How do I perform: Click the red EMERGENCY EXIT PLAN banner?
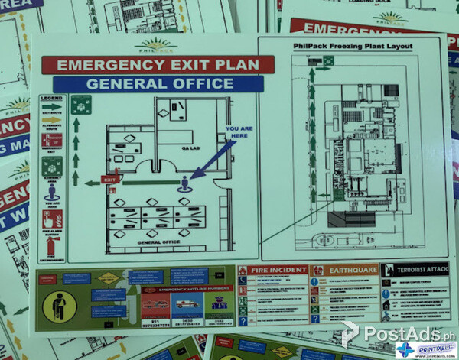[158, 65]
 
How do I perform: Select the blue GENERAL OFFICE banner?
[158, 83]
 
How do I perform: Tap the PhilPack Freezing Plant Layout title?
[353, 47]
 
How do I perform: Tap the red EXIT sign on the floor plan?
[112, 180]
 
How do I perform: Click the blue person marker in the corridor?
[184, 183]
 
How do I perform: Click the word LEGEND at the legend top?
[51, 99]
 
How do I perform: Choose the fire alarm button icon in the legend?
[51, 220]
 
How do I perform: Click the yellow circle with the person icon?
[59, 305]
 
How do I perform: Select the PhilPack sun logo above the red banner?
[158, 45]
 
